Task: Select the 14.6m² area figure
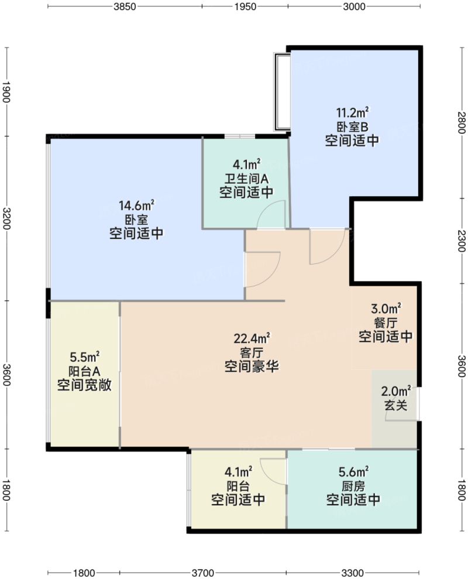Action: tap(136, 205)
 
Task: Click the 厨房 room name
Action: tap(354, 485)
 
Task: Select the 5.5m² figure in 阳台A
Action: tap(84, 357)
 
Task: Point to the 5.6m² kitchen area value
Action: tap(354, 471)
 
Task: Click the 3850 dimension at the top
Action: tap(124, 6)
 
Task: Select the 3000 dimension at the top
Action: tap(354, 6)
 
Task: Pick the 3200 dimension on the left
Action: tap(6, 218)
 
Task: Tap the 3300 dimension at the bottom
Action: tap(353, 573)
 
